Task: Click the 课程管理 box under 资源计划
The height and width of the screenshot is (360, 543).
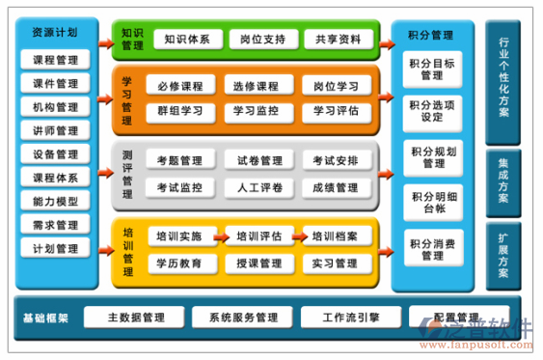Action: pyautogui.click(x=55, y=60)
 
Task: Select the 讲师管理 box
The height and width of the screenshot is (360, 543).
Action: pyautogui.click(x=55, y=130)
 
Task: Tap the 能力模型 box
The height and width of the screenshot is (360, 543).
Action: pyautogui.click(x=55, y=201)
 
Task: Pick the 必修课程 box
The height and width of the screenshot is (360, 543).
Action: pyautogui.click(x=179, y=86)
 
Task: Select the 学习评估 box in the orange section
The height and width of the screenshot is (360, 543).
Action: pyautogui.click(x=336, y=111)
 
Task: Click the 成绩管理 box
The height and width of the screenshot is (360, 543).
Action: pyautogui.click(x=336, y=186)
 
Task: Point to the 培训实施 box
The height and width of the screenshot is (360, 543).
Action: pyautogui.click(x=179, y=235)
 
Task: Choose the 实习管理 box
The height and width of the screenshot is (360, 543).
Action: pyautogui.click(x=336, y=263)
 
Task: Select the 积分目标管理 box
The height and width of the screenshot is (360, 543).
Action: pyautogui.click(x=432, y=69)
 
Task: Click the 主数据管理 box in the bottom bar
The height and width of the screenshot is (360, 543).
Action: pyautogui.click(x=136, y=318)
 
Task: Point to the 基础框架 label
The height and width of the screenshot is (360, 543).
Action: pyautogui.click(x=47, y=318)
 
